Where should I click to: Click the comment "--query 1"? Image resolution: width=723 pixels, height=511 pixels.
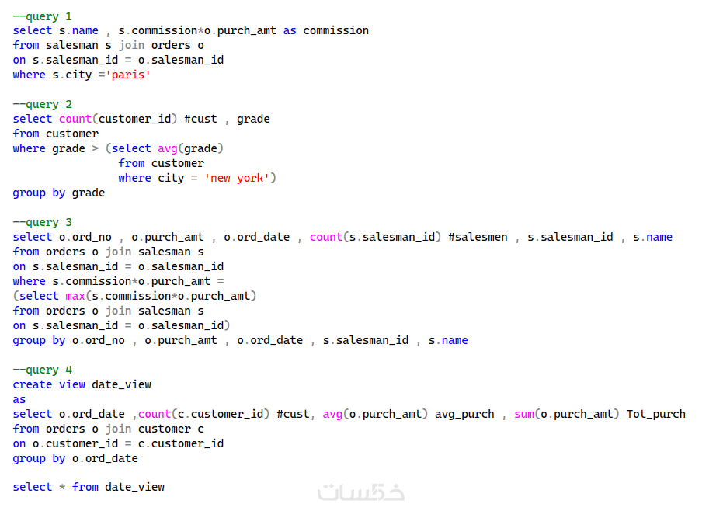coord(43,16)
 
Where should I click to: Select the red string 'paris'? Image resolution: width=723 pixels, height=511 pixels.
coord(128,75)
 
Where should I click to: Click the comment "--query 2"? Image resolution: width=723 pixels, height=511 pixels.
coord(43,104)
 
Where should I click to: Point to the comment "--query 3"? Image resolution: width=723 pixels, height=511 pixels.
coord(43,222)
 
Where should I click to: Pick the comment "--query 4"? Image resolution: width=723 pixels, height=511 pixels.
coord(43,370)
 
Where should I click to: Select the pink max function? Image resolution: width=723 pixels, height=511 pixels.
coord(75,296)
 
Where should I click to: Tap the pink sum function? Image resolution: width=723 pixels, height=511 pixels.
coord(524,414)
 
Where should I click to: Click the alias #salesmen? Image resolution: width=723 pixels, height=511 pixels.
coord(478,237)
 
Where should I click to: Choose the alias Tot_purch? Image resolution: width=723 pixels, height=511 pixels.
coord(655,414)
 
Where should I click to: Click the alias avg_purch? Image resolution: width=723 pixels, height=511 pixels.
coord(464,414)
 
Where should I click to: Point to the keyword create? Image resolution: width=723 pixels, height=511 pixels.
coord(33,384)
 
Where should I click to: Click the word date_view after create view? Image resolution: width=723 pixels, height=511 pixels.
coord(121,384)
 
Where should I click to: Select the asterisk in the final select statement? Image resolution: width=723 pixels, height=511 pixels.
coord(62,487)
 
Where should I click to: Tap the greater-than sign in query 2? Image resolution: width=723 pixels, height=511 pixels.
coord(95,148)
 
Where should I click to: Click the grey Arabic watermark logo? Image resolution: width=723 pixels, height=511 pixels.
coord(361,492)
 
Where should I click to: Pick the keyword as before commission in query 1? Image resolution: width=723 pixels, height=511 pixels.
coord(290,30)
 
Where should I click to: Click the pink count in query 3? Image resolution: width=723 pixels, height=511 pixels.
coord(326,237)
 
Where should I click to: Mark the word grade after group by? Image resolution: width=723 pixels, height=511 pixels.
coord(88,193)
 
